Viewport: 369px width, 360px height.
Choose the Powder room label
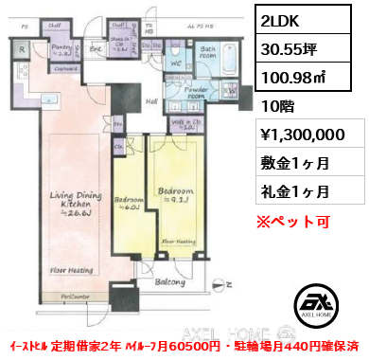(x=201, y=93)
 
